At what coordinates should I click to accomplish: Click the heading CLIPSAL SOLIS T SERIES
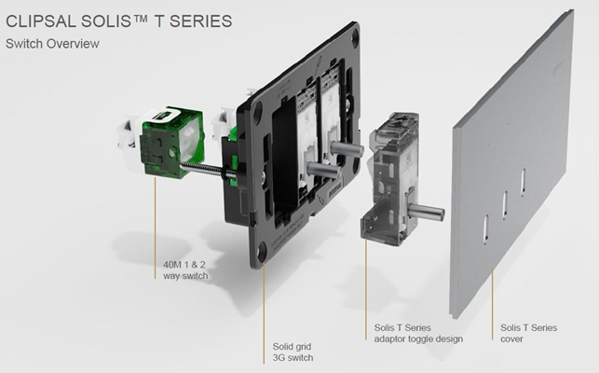[x=119, y=21]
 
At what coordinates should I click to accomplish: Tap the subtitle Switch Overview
[x=52, y=44]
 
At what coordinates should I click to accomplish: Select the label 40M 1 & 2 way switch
[x=185, y=270]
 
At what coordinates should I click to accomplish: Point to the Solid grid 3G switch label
[x=293, y=352]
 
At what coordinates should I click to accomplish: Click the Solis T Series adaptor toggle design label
[x=418, y=333]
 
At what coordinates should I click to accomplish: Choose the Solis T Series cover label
[x=529, y=333]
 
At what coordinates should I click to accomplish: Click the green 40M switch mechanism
[x=172, y=144]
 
